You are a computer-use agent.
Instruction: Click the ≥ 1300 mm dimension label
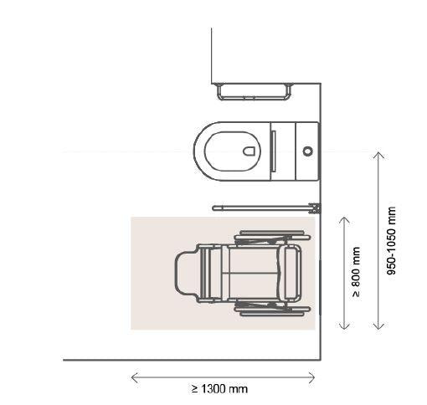click(x=219, y=389)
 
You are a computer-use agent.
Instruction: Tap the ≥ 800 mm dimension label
click(x=357, y=272)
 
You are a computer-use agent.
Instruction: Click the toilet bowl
click(x=229, y=151)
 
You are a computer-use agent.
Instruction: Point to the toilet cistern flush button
click(x=307, y=151)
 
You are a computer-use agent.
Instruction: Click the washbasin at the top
click(x=255, y=90)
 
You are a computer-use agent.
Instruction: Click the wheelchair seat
click(x=251, y=272)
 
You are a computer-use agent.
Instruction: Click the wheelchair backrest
click(x=292, y=272)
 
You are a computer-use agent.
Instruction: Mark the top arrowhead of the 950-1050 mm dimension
click(x=378, y=154)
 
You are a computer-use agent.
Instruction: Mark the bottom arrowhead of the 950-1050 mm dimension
click(x=378, y=327)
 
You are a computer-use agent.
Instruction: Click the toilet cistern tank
click(x=297, y=151)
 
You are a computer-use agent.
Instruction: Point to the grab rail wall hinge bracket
click(x=315, y=207)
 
